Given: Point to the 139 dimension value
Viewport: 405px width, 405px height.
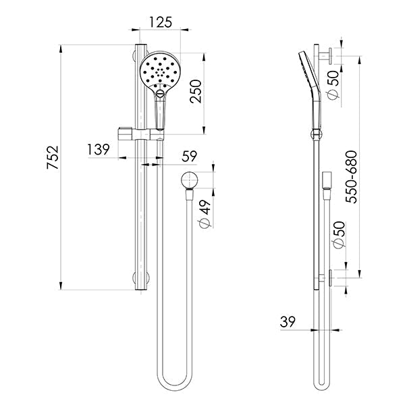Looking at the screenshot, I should tap(98, 149).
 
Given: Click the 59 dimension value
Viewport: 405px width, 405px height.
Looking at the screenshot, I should tap(189, 157).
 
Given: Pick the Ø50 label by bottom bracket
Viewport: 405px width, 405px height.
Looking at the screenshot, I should tap(338, 234).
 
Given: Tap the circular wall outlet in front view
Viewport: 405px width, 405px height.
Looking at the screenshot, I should tap(190, 180).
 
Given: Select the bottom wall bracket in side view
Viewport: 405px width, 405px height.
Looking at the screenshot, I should tap(330, 277).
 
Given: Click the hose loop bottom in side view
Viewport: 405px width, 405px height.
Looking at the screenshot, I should tap(323, 385).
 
